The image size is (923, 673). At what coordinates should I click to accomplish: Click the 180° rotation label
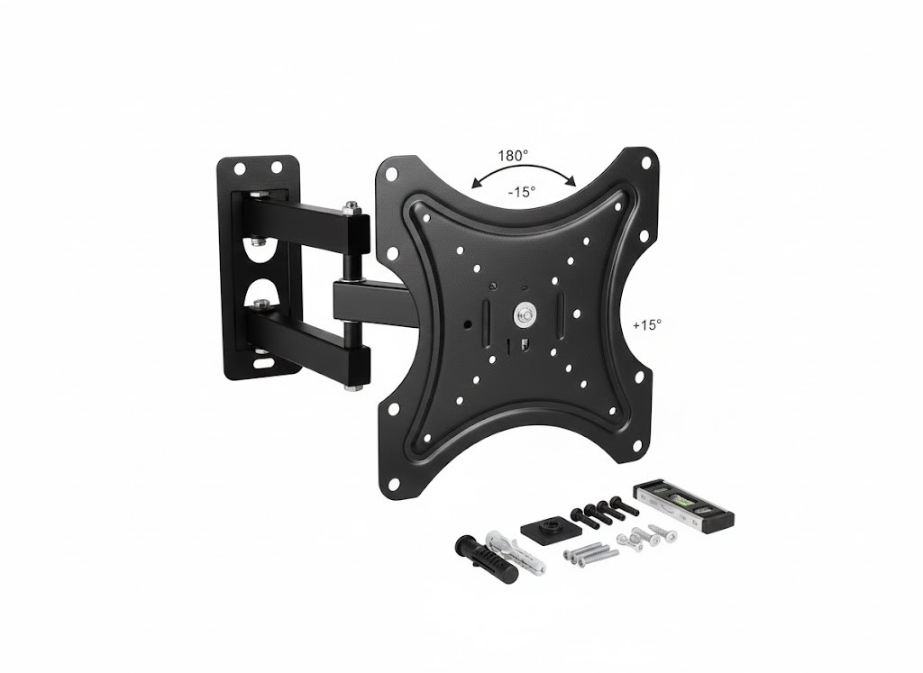point(513,156)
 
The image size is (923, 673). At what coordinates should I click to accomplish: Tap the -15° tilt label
point(522,192)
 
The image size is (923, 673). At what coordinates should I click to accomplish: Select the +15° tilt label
point(647,324)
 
